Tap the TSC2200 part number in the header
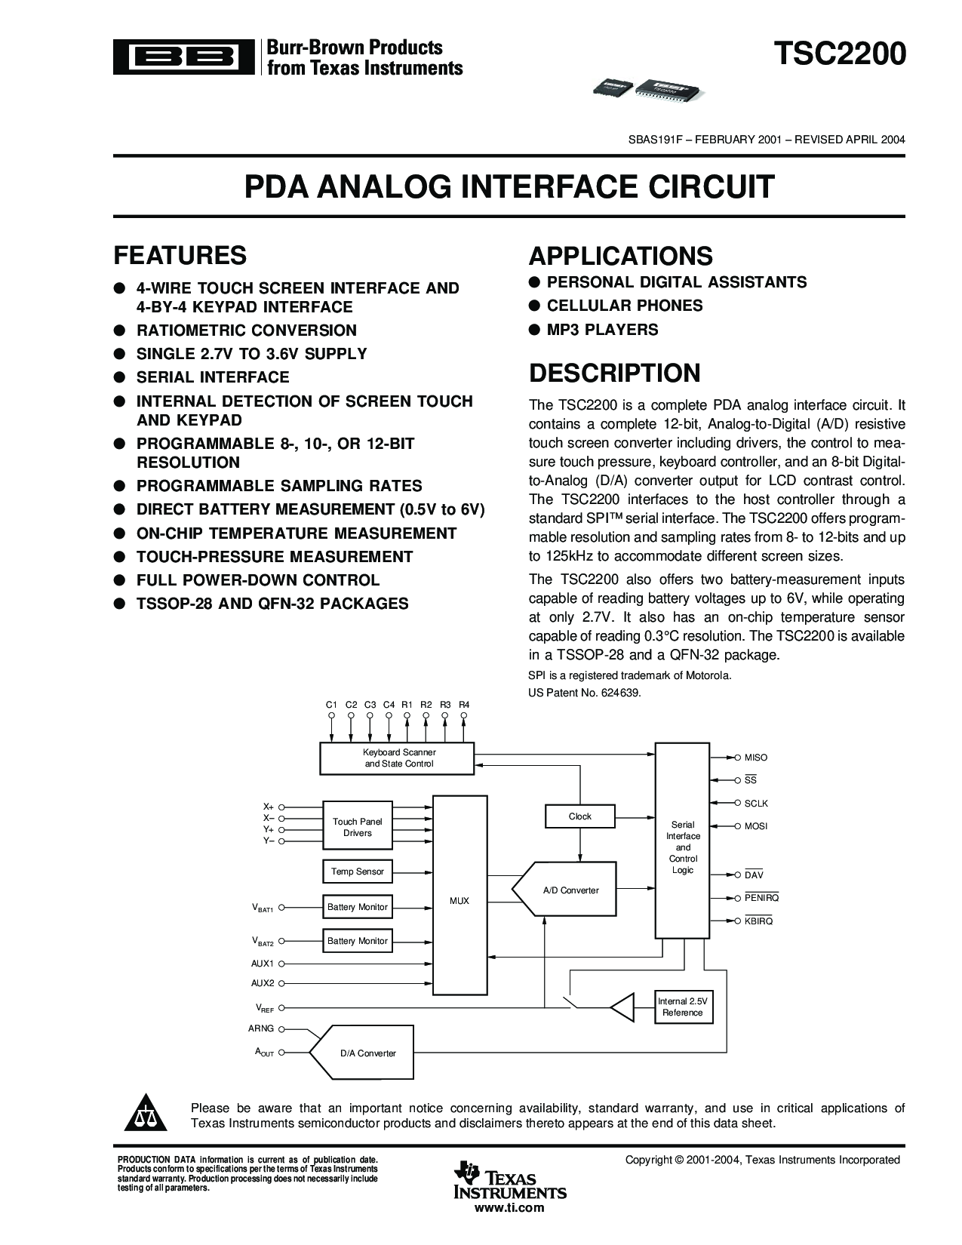(x=839, y=55)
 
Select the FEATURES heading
(x=180, y=256)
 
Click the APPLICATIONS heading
(x=620, y=257)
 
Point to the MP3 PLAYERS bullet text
(x=602, y=330)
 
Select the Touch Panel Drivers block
(x=358, y=827)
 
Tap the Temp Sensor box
(x=358, y=871)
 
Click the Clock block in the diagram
(x=579, y=816)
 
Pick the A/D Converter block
(x=570, y=890)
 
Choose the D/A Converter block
(x=367, y=1053)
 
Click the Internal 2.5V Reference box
(x=682, y=1007)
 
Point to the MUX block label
(x=459, y=901)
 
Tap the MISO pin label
(x=755, y=758)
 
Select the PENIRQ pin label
(x=761, y=898)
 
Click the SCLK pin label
(x=756, y=804)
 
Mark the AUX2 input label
(x=263, y=983)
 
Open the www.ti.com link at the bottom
(x=509, y=1208)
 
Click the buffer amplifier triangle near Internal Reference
(x=622, y=1007)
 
